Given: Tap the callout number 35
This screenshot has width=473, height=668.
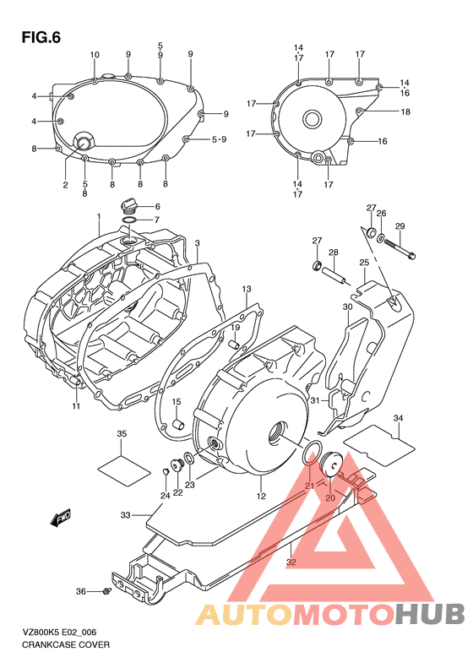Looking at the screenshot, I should tap(122, 434).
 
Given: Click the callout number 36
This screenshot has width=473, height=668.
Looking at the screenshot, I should tap(81, 591).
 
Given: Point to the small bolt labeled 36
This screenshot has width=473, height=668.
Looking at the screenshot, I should tap(106, 591).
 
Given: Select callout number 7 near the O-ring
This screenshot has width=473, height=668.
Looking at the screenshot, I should tap(156, 220).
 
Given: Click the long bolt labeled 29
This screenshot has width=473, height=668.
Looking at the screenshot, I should tap(400, 247).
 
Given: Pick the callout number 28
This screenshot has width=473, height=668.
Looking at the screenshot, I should tap(334, 253).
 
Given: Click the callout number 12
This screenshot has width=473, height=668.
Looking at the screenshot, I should tap(262, 496).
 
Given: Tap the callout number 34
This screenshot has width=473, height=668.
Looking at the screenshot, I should tap(399, 418).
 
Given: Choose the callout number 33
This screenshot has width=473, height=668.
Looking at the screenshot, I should tap(126, 514).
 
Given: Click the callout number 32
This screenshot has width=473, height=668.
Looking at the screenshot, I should tap(290, 561).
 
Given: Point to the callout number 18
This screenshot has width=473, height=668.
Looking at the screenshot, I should tap(405, 111).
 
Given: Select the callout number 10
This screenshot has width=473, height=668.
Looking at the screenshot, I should tap(95, 55).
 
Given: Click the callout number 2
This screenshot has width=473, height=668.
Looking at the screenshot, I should tap(64, 183).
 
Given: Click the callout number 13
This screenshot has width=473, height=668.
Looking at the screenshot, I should tap(247, 289).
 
